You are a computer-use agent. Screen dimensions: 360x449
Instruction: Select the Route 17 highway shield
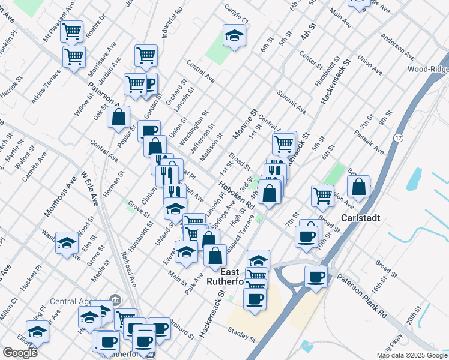[397, 138]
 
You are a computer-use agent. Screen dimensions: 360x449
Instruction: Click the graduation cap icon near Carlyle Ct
[234, 35]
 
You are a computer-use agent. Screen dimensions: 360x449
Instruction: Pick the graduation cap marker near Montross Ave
[67, 242]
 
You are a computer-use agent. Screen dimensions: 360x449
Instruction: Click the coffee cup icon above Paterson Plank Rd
[316, 277]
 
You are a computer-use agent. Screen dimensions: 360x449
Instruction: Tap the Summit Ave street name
[292, 102]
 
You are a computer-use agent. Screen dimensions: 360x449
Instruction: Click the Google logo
[20, 353]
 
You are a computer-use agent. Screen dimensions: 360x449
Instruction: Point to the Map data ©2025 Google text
[412, 355]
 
